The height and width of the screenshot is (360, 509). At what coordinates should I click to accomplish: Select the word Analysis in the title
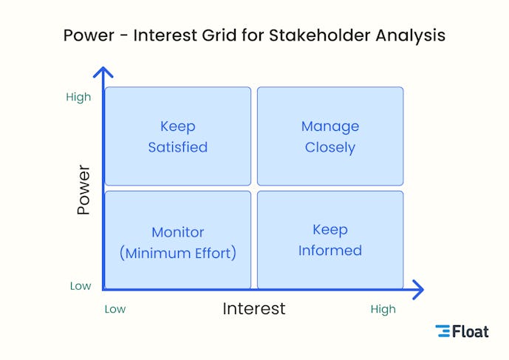click(411, 35)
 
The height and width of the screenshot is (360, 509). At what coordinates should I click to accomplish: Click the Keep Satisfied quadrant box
click(178, 136)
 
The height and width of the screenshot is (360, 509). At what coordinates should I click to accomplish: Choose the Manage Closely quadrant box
click(330, 136)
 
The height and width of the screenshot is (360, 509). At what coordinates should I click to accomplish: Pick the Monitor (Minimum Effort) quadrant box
click(178, 240)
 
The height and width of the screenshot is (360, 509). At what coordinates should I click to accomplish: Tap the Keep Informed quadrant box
click(330, 240)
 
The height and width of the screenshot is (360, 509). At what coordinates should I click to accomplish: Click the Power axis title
click(83, 190)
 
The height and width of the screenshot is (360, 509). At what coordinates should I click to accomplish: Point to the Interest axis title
click(253, 309)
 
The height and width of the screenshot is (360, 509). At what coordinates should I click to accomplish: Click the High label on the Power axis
click(78, 97)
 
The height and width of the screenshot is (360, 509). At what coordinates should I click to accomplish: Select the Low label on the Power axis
click(81, 286)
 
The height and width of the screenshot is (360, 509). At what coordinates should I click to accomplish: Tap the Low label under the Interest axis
click(115, 309)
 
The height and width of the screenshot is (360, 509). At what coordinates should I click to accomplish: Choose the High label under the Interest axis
click(383, 309)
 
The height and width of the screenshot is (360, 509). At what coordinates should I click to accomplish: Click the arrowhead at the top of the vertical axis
click(103, 72)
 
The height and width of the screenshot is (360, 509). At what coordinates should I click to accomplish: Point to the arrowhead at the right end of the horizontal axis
click(418, 289)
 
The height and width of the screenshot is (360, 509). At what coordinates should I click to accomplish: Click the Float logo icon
click(443, 331)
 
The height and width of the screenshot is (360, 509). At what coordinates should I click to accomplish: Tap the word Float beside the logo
click(471, 331)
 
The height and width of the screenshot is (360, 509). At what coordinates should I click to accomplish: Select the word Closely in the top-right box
click(330, 147)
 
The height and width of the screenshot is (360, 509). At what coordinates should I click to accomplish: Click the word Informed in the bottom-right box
click(330, 251)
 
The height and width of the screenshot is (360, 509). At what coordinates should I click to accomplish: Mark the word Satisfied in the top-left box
click(178, 147)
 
